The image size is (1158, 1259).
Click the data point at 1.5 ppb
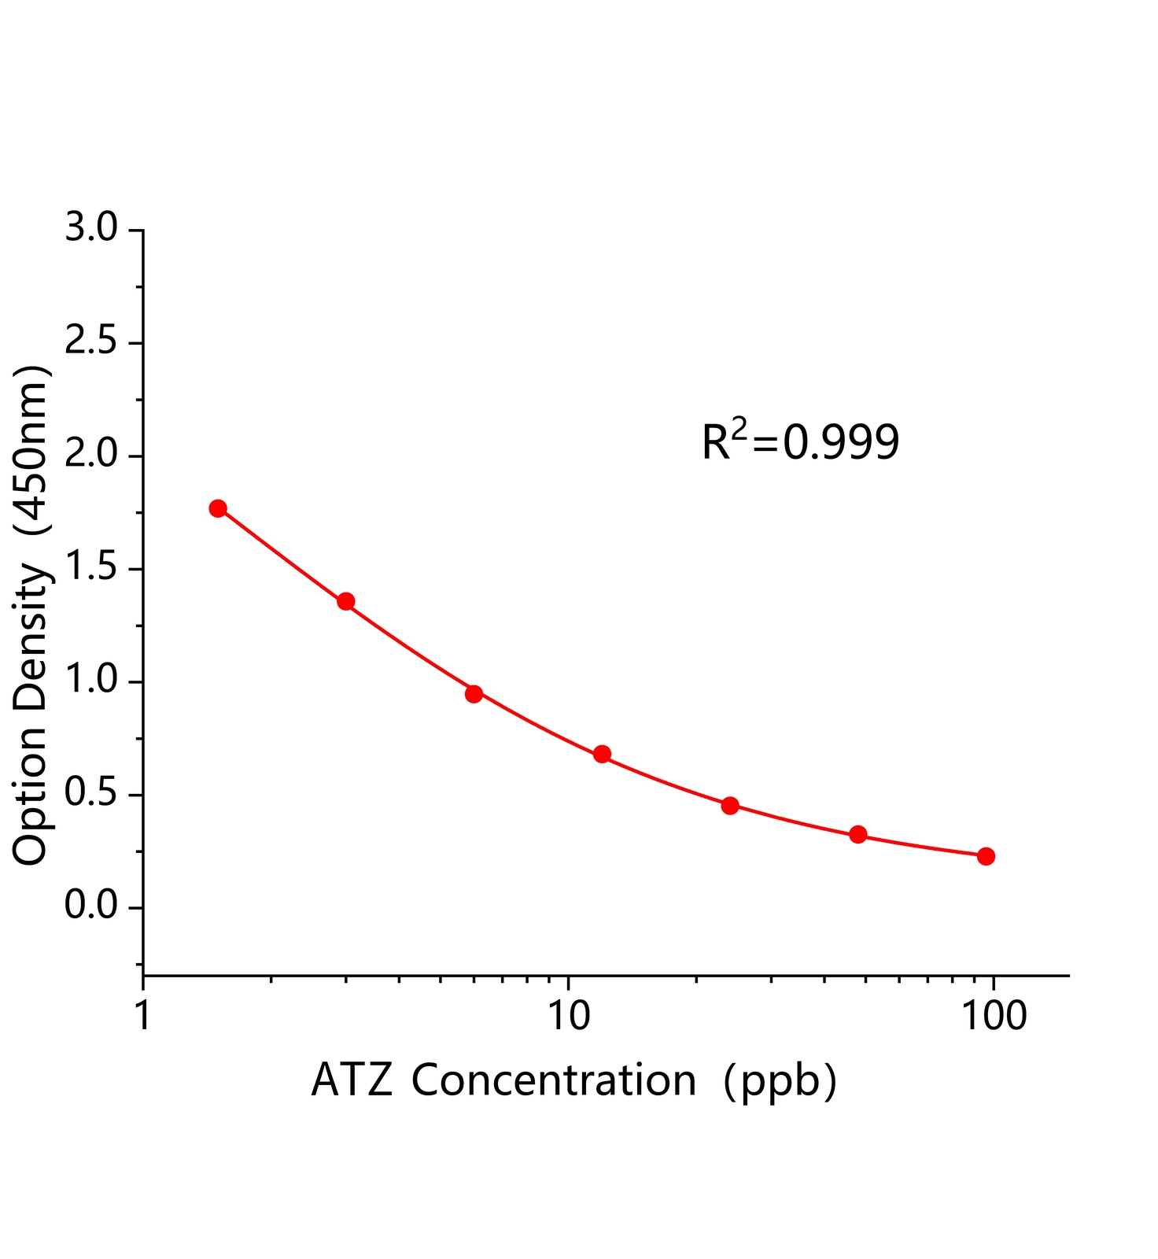click(218, 508)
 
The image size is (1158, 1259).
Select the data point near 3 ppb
click(346, 601)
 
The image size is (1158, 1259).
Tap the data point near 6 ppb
click(474, 693)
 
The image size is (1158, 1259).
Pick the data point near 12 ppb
click(602, 754)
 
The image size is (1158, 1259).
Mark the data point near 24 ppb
click(730, 805)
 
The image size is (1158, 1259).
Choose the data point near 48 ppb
click(858, 834)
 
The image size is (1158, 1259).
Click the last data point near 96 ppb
click(986, 856)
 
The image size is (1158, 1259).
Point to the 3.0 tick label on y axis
click(90, 229)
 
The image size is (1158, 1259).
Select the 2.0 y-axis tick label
click(90, 456)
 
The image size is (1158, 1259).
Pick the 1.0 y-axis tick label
click(90, 681)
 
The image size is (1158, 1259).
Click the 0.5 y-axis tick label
click(90, 794)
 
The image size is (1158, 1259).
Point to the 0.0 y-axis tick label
click(90, 906)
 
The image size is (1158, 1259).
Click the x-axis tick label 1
click(143, 1016)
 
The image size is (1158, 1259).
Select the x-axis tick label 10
click(569, 1016)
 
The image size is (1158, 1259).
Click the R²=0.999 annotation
click(800, 441)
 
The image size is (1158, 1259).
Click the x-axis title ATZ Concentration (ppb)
click(573, 1080)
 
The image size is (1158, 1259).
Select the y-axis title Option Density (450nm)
click(31, 615)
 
